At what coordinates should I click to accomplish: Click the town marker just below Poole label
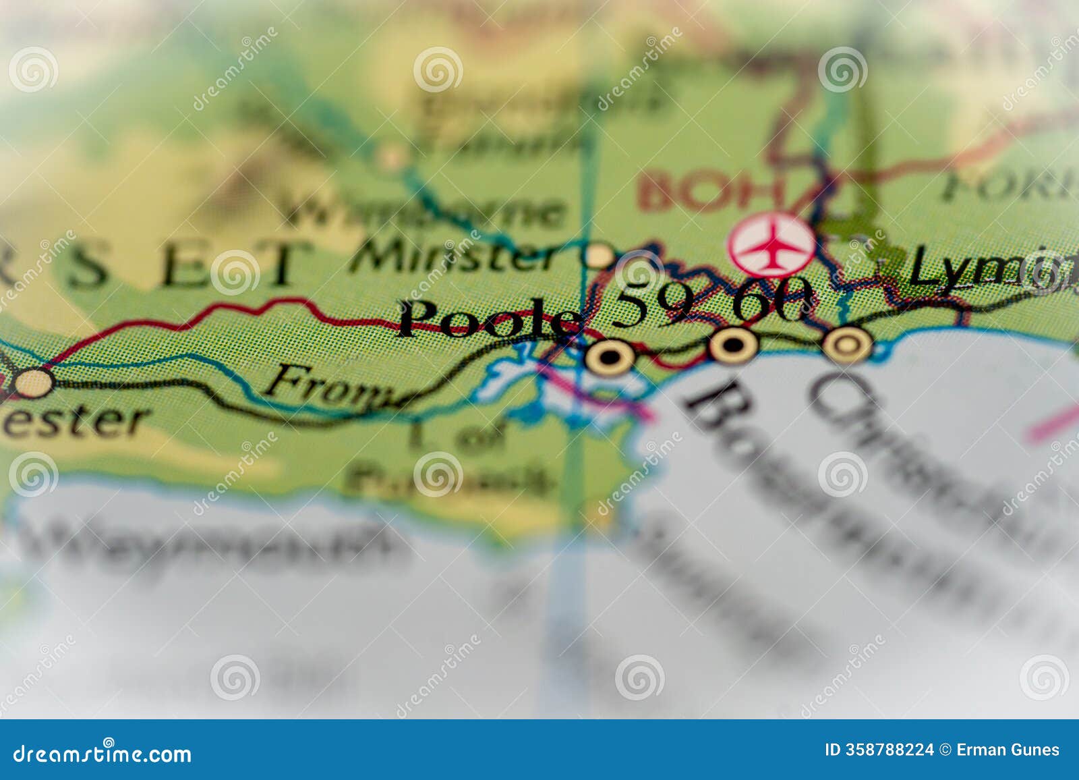pyautogui.click(x=609, y=358)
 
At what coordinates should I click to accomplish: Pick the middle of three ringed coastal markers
pyautogui.click(x=733, y=345)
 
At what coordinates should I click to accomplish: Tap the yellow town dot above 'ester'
pyautogui.click(x=33, y=383)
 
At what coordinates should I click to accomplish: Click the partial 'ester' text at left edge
pyautogui.click(x=74, y=420)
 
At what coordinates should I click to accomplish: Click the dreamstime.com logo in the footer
pyautogui.click(x=103, y=753)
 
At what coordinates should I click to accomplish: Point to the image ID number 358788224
pyautogui.click(x=879, y=750)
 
